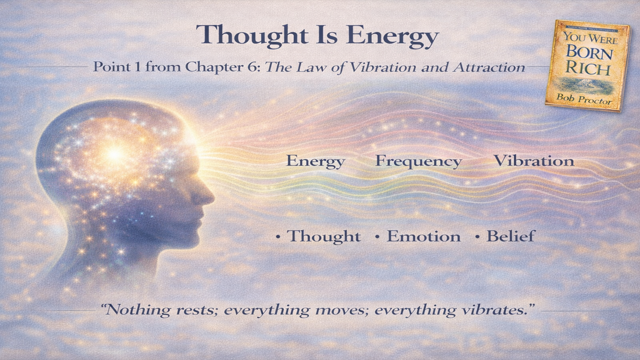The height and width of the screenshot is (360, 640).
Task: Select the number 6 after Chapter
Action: pos(254,67)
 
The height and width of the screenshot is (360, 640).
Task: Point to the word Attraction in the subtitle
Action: pos(488,67)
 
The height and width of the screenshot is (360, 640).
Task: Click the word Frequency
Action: pos(418,161)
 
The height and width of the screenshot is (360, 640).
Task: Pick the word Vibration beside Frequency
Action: pos(533,161)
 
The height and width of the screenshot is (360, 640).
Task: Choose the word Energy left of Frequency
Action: pos(315,161)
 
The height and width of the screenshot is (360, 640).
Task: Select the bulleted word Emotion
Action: pos(424,236)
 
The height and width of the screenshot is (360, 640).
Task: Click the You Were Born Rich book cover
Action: pos(587,65)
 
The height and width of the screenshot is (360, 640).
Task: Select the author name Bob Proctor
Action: pos(584,98)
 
